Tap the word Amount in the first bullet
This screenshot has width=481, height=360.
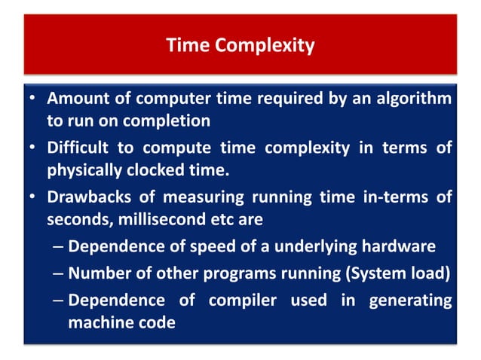click(74, 99)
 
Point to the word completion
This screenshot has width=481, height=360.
click(170, 119)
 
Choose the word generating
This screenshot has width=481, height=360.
click(410, 300)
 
